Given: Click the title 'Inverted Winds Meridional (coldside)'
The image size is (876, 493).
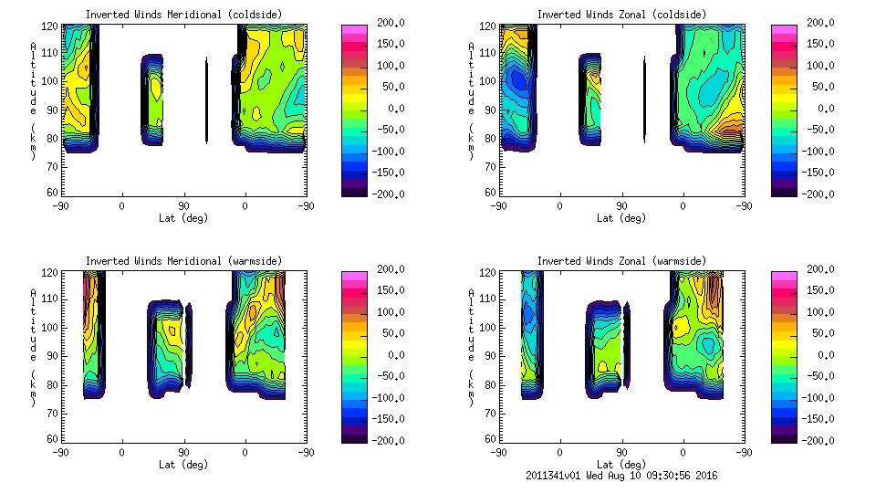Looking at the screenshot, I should (183, 15).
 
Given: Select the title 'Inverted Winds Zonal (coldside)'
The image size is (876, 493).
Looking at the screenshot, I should (621, 15).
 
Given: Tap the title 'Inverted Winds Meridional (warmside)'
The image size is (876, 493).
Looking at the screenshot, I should (183, 261).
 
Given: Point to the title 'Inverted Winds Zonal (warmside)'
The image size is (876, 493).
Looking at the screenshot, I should (621, 261).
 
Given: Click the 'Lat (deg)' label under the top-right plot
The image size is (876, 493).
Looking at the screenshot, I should (621, 218).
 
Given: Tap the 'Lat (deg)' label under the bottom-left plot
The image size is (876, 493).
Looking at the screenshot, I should (183, 465).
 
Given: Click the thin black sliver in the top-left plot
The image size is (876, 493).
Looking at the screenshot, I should (207, 100).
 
